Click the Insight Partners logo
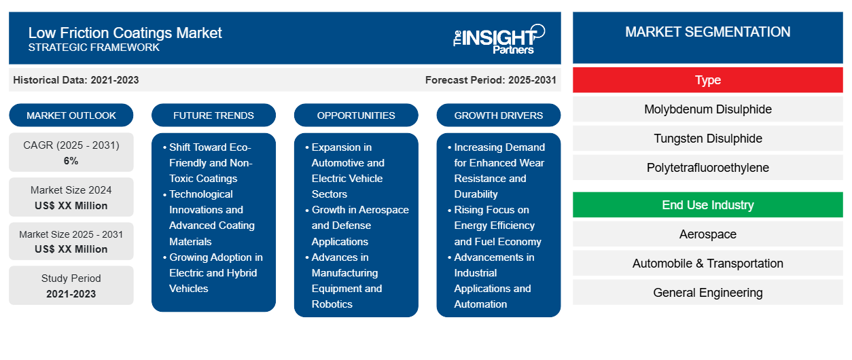pos(499,38)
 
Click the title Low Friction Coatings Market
pos(125,33)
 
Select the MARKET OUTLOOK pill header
pos(71,115)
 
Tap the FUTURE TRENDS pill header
pos(213,115)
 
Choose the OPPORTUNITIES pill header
pos(356,115)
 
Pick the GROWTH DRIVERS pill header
pos(499,115)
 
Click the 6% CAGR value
pos(71,161)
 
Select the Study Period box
pos(71,286)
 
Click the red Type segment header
pos(707,80)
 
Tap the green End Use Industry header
pos(707,205)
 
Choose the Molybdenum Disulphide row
pos(707,109)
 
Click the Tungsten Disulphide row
pos(707,139)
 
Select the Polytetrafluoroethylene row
pos(707,168)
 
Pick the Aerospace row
pos(707,234)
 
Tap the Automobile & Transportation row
pos(707,264)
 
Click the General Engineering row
pos(707,293)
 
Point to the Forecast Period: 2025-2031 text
pos(491,80)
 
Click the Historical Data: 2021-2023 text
pos(76,80)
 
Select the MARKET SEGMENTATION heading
pos(707,32)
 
